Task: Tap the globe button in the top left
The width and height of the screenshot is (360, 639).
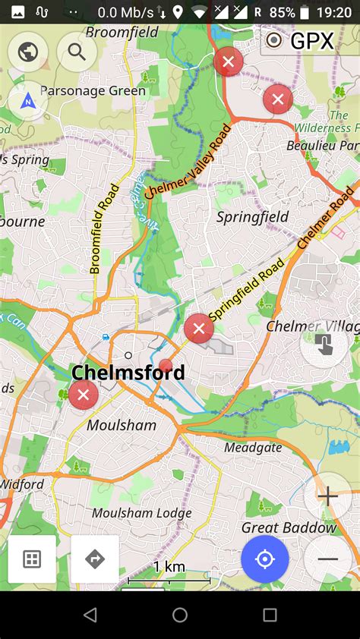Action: tap(28, 52)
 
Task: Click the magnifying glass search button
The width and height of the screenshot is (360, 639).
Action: tap(77, 52)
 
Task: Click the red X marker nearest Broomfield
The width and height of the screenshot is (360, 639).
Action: tap(228, 61)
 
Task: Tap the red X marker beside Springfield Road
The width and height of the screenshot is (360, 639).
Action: tap(199, 328)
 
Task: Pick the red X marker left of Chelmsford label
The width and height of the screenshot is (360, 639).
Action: tap(83, 395)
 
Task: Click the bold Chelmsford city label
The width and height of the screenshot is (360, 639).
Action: tap(128, 373)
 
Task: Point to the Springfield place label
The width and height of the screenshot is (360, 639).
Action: tap(253, 217)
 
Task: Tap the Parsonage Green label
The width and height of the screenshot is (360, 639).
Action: tap(93, 91)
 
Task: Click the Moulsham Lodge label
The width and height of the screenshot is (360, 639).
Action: tap(141, 513)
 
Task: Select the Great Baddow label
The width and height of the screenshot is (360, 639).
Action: tap(289, 527)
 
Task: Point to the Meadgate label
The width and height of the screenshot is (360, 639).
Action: tap(252, 448)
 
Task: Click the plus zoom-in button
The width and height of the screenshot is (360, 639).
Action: tap(327, 497)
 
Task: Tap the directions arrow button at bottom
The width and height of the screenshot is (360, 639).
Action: tap(95, 559)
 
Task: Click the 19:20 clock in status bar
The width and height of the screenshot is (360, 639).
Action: tap(333, 12)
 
